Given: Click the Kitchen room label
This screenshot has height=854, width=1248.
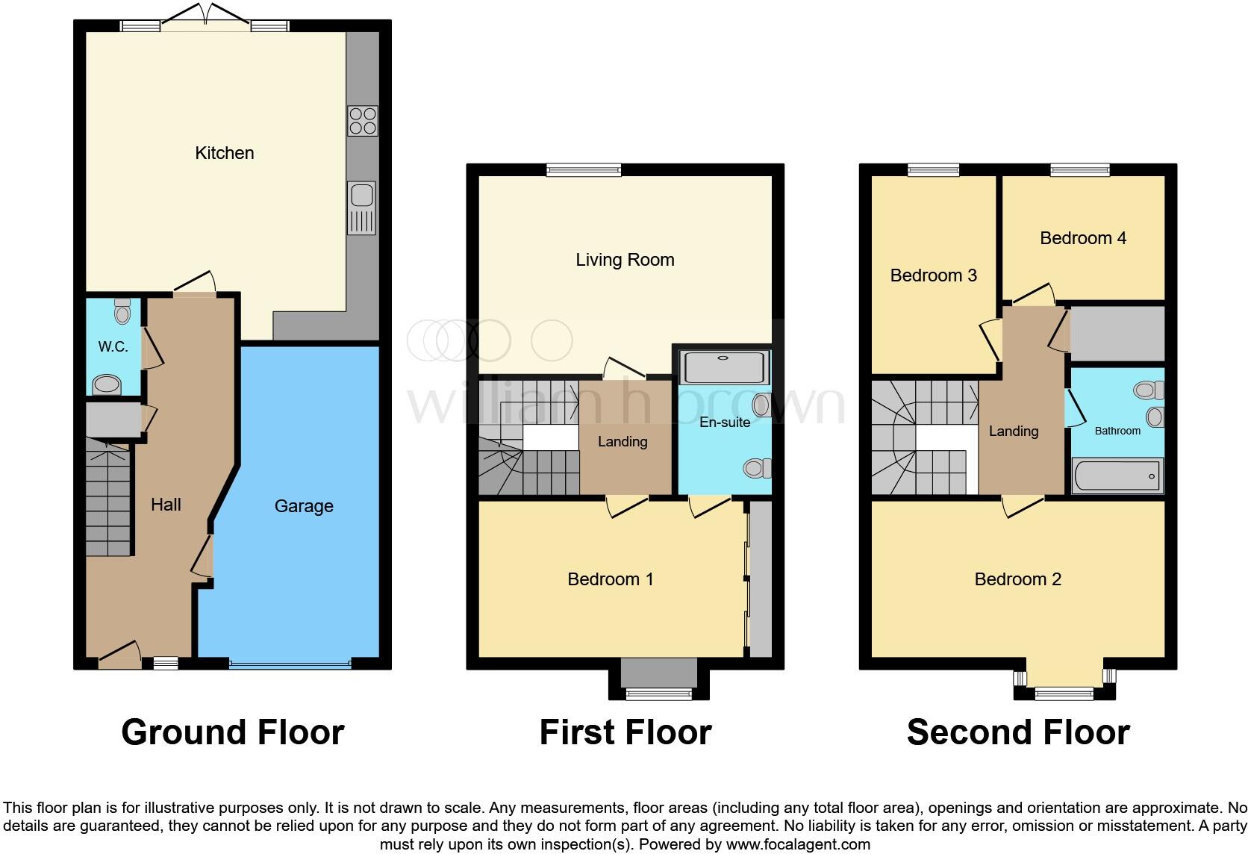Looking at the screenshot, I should [224, 153].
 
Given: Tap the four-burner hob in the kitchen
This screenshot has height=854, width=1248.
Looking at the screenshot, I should [363, 121].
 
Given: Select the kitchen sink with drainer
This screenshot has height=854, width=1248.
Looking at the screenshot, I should [362, 208].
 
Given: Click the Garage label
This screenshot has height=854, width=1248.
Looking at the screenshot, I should [304, 506].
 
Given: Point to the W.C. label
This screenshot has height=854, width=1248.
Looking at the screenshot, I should [113, 346].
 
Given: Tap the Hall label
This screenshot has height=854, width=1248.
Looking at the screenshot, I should [166, 505].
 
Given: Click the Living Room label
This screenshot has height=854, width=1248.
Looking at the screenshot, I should [625, 260].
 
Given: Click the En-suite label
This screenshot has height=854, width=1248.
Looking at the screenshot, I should [724, 423].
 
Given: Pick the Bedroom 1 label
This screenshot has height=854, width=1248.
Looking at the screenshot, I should [611, 579].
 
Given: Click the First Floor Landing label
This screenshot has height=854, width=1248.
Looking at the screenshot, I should [623, 442].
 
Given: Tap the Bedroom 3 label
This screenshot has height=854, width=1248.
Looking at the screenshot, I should [933, 275].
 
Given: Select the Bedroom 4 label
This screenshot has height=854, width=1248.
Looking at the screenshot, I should [1082, 238].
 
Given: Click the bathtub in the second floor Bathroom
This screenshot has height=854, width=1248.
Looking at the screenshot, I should [1117, 476].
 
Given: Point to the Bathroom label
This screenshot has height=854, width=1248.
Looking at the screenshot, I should [1117, 431].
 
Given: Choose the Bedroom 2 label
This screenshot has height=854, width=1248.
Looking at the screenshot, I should [1017, 579].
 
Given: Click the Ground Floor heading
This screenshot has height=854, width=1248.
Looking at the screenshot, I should [232, 732].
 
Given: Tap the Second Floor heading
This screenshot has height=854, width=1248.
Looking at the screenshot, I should [1017, 732].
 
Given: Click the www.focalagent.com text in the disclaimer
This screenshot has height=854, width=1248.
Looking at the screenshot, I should [797, 845].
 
